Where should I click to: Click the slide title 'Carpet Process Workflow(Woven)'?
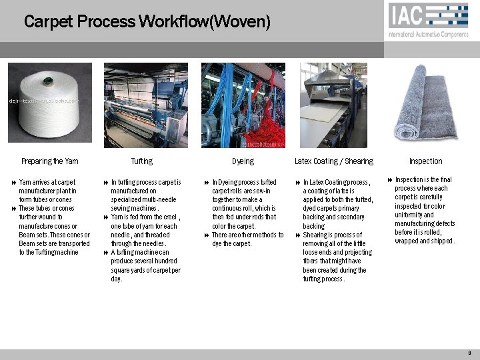pos(147,22)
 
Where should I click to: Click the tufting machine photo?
pos(145,105)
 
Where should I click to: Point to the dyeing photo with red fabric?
pos(243,105)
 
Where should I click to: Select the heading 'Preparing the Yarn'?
pos(49,161)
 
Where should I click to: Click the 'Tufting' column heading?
pos(141,161)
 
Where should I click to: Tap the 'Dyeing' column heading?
pos(243,161)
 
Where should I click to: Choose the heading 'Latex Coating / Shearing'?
pos(333,161)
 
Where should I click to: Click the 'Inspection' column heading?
pos(425,161)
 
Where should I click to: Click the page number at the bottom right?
pos(470,353)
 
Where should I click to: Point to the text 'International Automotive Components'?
pos(429,34)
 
